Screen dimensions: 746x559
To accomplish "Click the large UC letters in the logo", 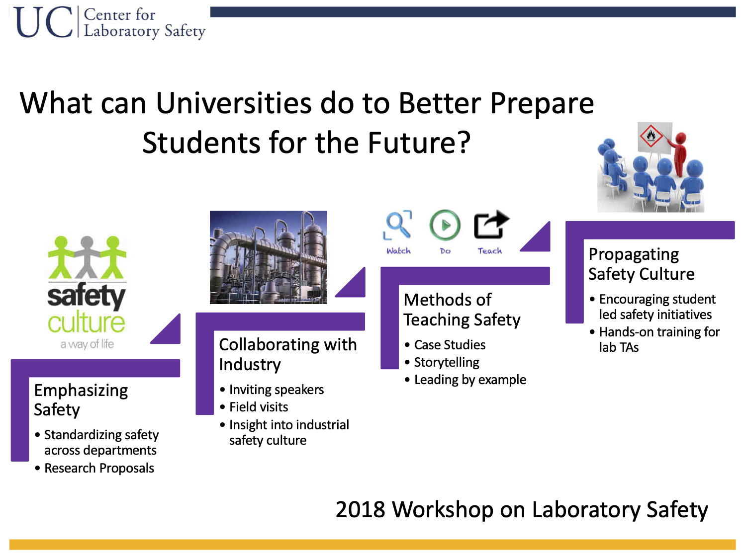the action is [x=43, y=22].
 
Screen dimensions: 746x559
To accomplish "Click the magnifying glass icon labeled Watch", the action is [x=397, y=225].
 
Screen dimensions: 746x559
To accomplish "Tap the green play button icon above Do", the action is [x=445, y=225].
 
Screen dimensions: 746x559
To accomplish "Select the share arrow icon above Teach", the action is [x=491, y=224].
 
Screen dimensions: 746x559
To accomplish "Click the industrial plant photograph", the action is [x=268, y=257].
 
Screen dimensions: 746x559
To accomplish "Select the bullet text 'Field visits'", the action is [x=259, y=407].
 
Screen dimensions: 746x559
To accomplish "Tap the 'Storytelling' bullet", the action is [x=447, y=362].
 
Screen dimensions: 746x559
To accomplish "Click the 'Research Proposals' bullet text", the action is [x=99, y=468].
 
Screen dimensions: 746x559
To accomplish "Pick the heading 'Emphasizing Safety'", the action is [x=81, y=400].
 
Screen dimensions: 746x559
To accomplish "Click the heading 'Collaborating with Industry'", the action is [x=288, y=354].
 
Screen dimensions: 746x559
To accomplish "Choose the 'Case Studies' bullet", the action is [x=450, y=345].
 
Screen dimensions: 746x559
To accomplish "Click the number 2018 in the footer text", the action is [x=360, y=509].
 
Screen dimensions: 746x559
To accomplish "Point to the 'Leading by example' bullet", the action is [x=470, y=380].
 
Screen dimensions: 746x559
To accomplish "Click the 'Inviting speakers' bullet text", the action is [x=277, y=390].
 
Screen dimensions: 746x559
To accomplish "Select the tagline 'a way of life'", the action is [x=87, y=344].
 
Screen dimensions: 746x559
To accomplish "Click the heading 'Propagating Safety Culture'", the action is [x=642, y=264].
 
